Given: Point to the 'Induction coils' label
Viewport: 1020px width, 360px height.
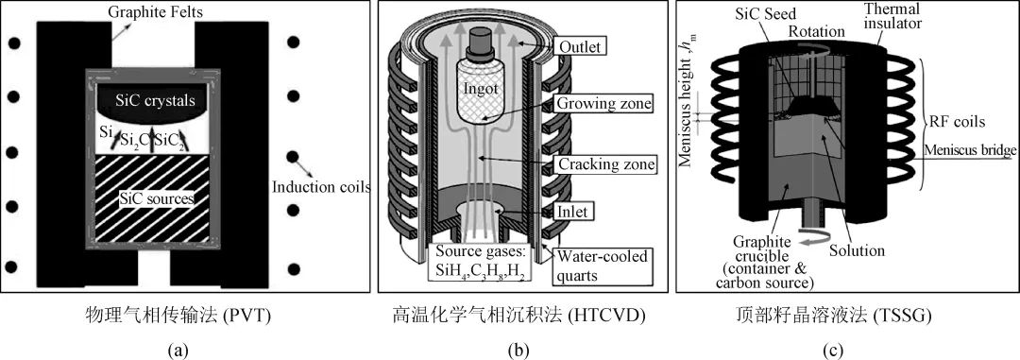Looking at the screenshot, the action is [321, 187].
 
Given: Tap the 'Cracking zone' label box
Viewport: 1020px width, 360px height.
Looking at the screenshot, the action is [603, 164].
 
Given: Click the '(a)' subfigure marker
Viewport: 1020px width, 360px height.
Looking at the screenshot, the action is [178, 351].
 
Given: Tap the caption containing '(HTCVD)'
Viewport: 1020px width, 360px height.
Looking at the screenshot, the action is [518, 317].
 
